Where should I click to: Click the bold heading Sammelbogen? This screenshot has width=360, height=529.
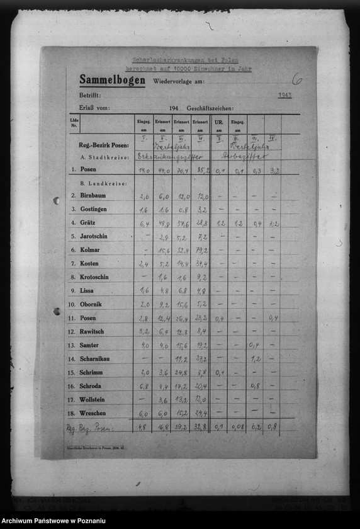click(x=112, y=80)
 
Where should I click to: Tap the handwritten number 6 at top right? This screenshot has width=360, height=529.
click(x=296, y=79)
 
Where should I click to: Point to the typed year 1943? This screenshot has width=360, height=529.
click(x=285, y=95)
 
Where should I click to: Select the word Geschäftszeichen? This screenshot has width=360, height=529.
click(x=210, y=108)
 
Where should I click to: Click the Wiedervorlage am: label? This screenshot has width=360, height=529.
click(x=178, y=82)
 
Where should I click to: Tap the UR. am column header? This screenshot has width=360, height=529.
click(x=219, y=123)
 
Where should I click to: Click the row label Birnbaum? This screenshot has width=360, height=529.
click(x=93, y=196)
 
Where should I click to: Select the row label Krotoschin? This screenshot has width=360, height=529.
click(x=94, y=277)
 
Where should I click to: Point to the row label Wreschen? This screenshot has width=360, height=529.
click(x=93, y=413)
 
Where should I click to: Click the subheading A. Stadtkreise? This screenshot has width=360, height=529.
click(x=104, y=156)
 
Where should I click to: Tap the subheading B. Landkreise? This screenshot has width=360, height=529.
click(x=103, y=183)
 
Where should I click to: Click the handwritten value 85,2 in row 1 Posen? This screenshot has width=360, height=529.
click(x=201, y=170)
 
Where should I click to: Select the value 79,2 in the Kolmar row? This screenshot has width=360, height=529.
click(x=201, y=250)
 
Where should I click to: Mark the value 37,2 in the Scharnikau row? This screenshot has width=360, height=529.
click(x=201, y=359)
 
